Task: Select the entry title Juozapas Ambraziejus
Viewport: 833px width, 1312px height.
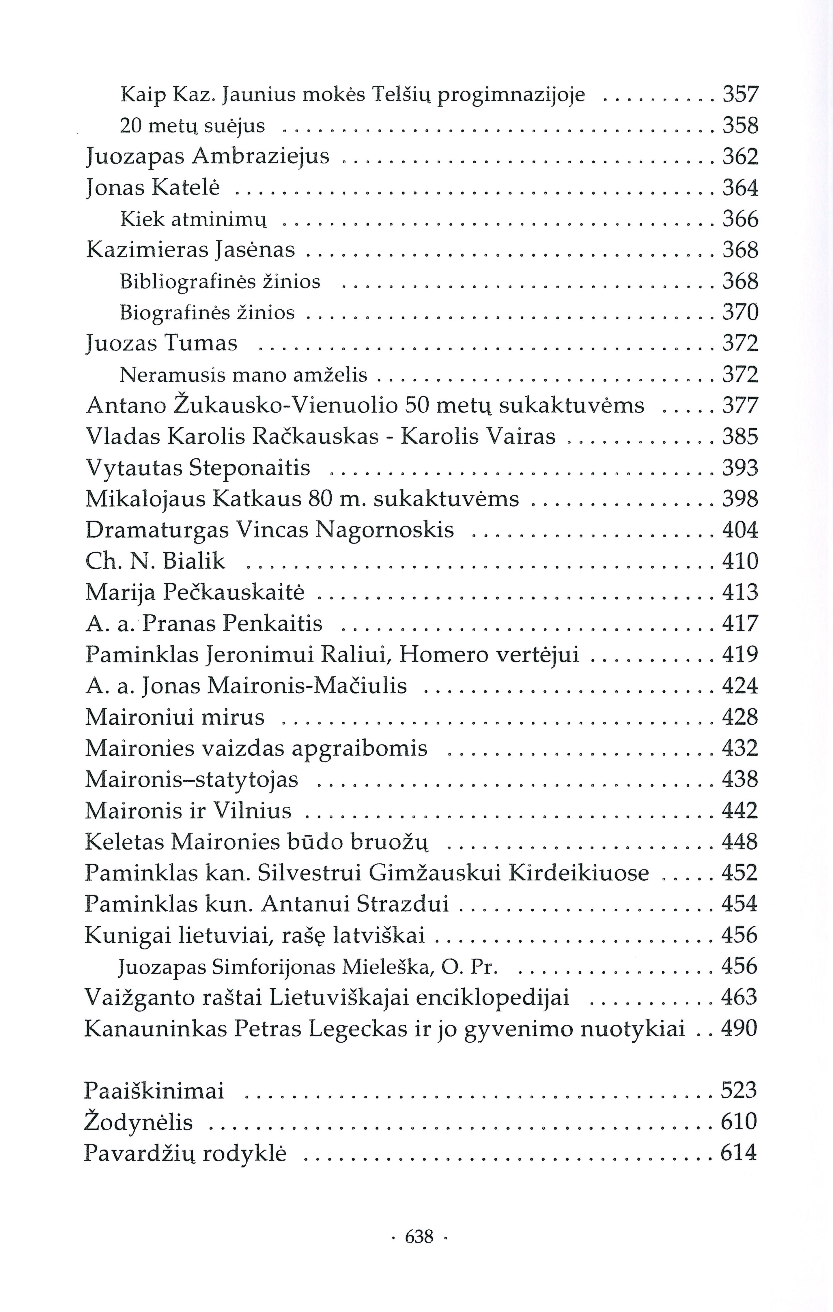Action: tap(208, 157)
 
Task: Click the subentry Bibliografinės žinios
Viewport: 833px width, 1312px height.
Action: tap(220, 282)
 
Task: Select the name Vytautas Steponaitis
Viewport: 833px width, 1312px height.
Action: tap(198, 468)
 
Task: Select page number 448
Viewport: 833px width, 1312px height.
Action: tap(740, 842)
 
